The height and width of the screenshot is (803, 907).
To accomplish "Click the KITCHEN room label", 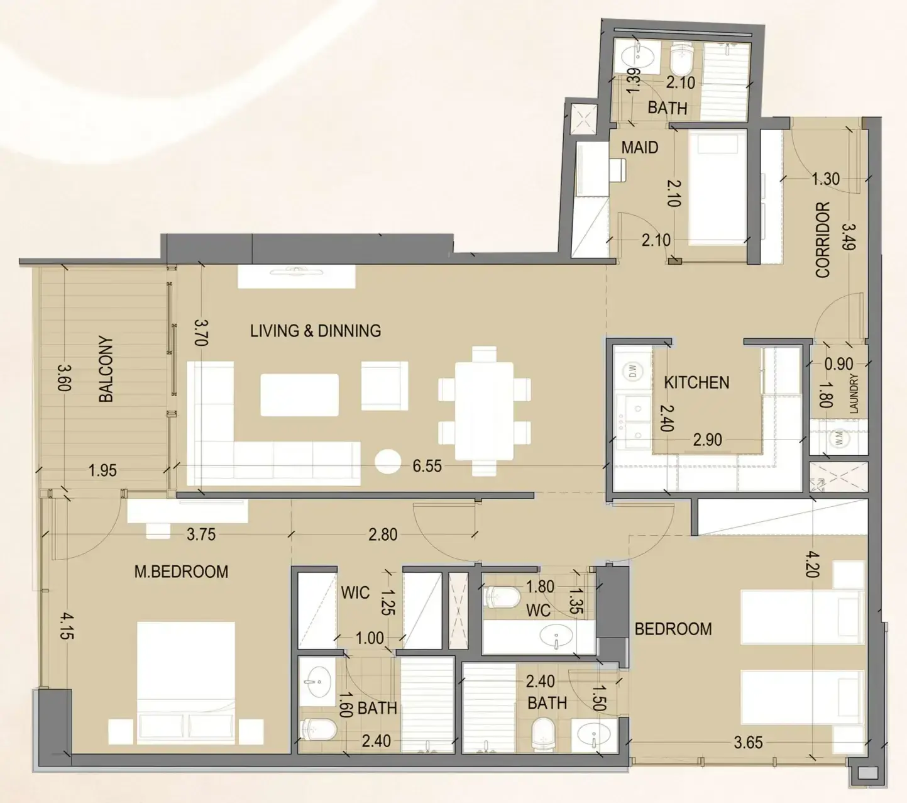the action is coord(696,382).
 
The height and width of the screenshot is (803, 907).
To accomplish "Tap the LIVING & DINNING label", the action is coord(316,331).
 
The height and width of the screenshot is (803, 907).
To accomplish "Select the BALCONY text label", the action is coord(106,370).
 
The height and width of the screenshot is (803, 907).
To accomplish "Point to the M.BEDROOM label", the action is coord(181,572).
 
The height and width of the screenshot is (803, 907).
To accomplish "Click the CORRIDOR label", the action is coord(823,240).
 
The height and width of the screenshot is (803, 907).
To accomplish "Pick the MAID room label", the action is coord(640,147).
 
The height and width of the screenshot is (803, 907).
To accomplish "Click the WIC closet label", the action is coord(356,592).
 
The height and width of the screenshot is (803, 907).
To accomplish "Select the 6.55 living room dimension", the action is coord(427,466).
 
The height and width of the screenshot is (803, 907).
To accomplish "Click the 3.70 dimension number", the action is coord(202,333).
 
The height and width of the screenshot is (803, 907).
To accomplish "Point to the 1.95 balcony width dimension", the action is coord(102,471).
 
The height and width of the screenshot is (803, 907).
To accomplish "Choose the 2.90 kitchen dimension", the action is coord(707,440).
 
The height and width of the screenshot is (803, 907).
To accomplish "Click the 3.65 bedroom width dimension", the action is coord(748,743).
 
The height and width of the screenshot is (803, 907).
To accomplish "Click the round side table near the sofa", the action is coord(388,462).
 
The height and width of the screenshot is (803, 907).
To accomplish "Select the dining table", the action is coord(485,411).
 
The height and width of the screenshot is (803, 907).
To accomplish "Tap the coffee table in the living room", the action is coord(299,394).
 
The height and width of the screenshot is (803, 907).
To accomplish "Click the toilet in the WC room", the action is coord(502,597).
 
